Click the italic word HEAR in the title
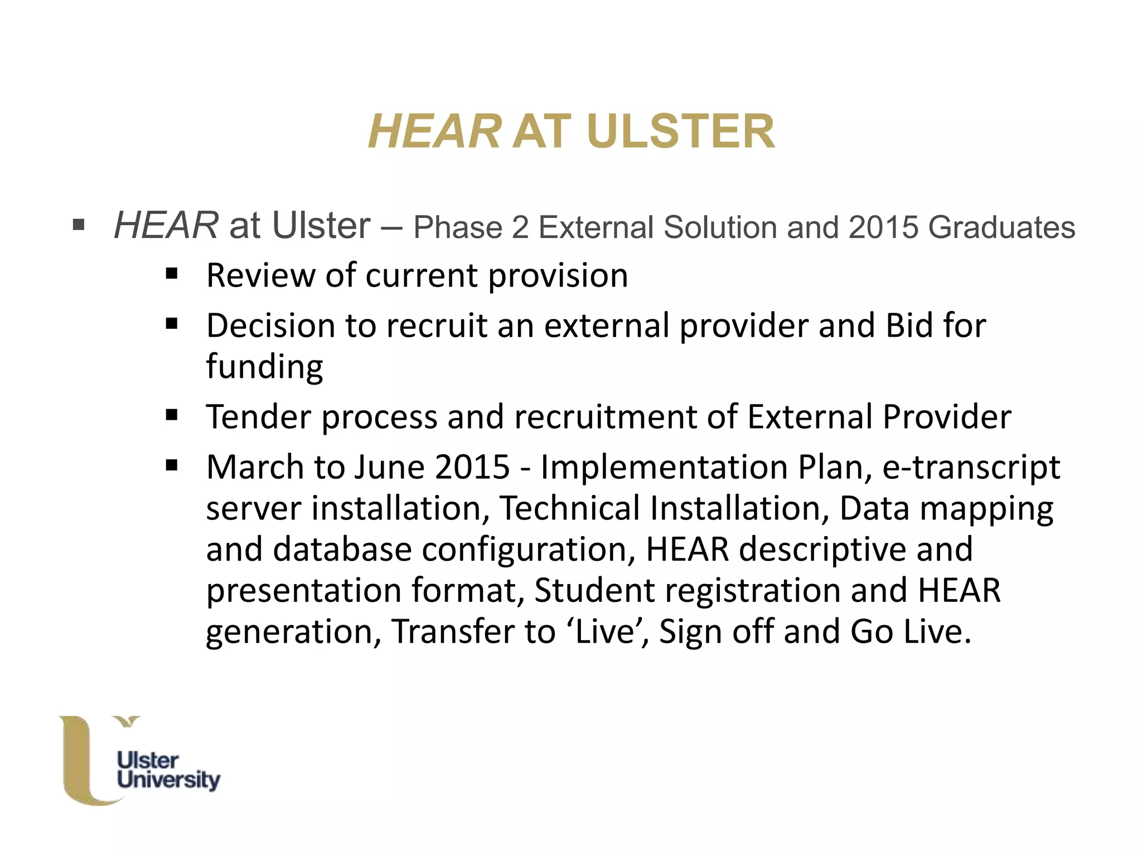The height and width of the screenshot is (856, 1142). [434, 132]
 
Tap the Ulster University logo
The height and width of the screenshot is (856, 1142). [139, 761]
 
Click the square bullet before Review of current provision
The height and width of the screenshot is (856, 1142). [172, 274]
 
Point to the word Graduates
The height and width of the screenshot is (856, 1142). [1001, 227]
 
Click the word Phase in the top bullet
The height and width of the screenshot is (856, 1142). [458, 227]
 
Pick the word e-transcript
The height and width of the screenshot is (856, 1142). [971, 467]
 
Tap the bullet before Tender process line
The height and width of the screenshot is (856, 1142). [172, 415]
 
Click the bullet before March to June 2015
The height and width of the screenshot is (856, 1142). [172, 465]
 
